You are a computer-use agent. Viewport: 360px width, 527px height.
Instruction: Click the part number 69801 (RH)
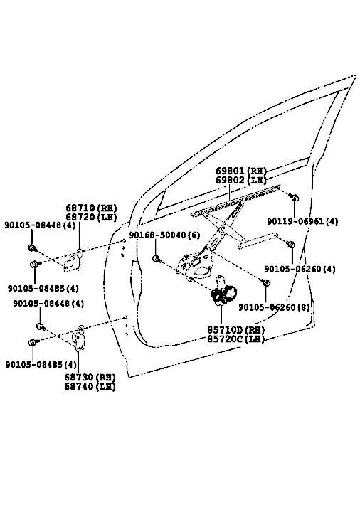[240, 171]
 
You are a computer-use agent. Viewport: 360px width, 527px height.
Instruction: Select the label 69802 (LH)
[240, 180]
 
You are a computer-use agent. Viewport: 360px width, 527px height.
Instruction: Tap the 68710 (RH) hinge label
[91, 208]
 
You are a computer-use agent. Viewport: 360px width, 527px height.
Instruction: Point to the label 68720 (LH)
[91, 217]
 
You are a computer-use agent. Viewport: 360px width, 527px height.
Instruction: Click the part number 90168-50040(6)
[164, 235]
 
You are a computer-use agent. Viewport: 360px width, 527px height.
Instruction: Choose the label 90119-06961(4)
[302, 221]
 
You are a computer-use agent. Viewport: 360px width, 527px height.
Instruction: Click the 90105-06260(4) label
[300, 270]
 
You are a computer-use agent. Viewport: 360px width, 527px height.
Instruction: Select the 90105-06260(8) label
[274, 307]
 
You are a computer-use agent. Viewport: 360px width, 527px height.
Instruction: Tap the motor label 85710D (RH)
[235, 330]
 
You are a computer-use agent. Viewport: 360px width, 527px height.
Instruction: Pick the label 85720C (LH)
[235, 339]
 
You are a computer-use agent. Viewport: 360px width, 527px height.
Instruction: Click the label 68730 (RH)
[90, 377]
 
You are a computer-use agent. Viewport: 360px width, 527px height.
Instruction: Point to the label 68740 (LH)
[90, 386]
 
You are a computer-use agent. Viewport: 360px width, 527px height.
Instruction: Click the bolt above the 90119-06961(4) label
[294, 198]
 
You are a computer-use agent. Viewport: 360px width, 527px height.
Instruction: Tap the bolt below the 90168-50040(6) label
[157, 259]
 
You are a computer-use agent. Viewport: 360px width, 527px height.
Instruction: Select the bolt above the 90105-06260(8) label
[265, 282]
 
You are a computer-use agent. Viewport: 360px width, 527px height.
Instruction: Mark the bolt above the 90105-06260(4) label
[292, 245]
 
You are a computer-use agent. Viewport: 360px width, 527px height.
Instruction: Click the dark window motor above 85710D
[223, 293]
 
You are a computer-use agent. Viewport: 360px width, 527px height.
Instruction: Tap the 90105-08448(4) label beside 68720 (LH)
[40, 225]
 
